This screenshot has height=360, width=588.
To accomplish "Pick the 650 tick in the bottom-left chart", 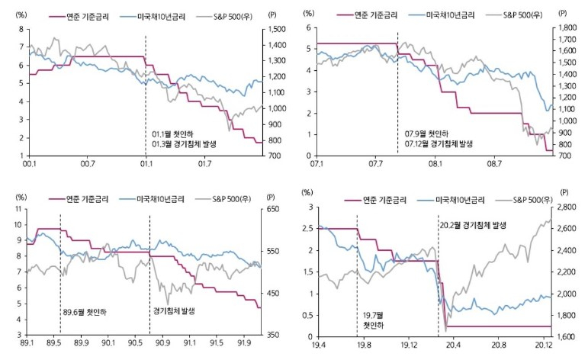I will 274,208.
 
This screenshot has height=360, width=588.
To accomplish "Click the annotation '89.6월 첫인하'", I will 84,311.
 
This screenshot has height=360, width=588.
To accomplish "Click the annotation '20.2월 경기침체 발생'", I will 478,226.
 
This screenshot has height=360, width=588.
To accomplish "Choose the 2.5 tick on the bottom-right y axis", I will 307,229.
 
